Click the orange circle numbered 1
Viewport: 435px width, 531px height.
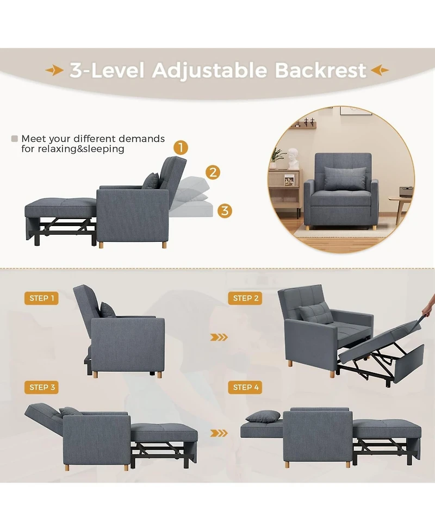(181, 148)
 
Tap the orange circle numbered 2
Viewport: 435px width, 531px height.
(213, 172)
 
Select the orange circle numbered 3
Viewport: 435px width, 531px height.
(225, 210)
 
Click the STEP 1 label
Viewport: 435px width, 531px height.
(41, 298)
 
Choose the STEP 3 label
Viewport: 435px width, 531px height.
(41, 388)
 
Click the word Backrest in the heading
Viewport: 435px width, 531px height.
(320, 70)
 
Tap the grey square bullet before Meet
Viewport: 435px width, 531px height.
(15, 139)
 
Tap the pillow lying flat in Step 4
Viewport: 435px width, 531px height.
(263, 417)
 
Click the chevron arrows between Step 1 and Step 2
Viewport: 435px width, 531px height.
(219, 338)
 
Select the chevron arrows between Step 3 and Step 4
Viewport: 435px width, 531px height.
(219, 433)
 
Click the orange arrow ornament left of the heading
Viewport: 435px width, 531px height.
(54, 70)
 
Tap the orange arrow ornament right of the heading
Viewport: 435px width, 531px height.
(380, 70)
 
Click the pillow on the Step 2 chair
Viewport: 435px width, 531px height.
(315, 313)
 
